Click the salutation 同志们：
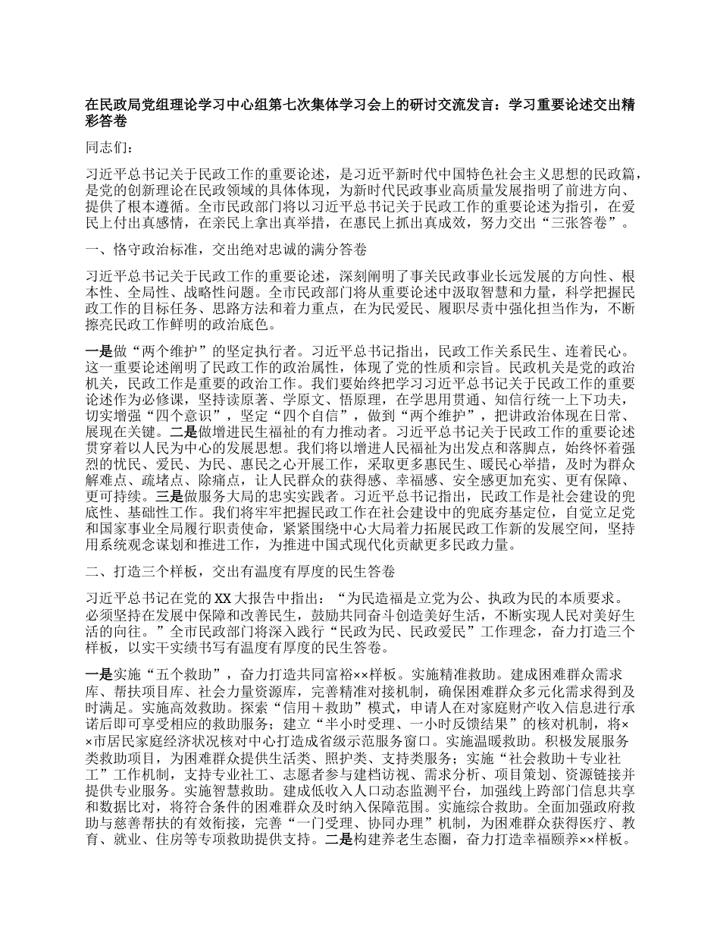tap(110, 147)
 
